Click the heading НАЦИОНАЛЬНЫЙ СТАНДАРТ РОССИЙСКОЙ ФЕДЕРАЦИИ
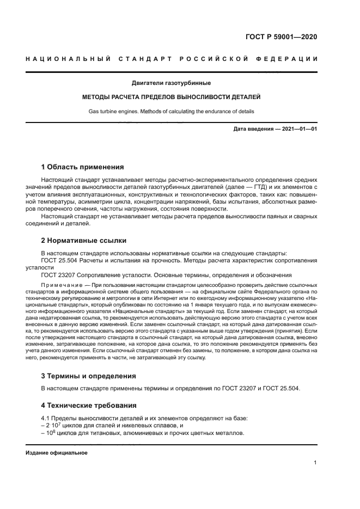click(x=172, y=59)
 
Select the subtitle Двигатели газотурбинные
click(x=171, y=83)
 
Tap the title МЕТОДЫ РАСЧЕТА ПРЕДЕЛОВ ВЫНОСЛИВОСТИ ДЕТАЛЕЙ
click(x=171, y=97)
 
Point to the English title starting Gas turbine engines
click(x=171, y=112)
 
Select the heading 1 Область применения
click(x=83, y=167)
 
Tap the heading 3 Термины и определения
click(x=89, y=376)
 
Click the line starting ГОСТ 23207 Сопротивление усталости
click(x=167, y=275)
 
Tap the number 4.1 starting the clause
click(x=46, y=418)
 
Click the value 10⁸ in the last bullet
click(x=50, y=433)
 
